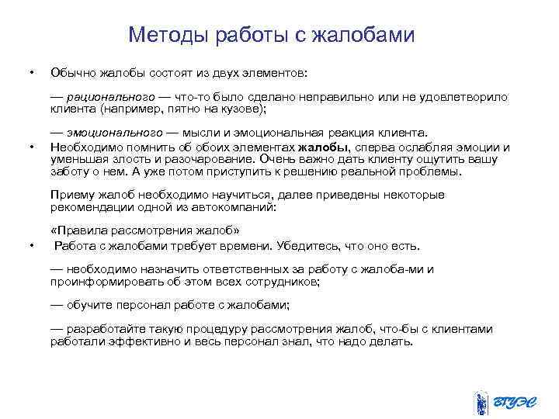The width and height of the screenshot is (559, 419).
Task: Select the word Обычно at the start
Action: [71, 72]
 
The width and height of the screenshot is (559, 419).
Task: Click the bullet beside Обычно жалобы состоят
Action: [30, 73]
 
